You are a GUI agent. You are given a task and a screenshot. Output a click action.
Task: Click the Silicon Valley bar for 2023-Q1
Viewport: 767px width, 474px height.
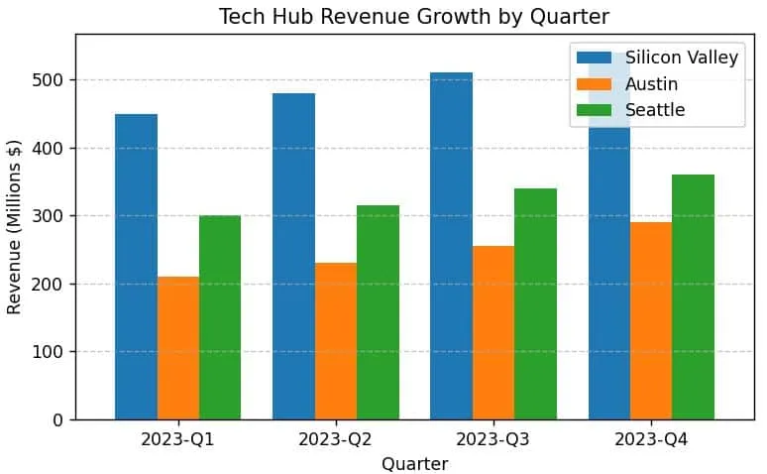pyautogui.click(x=136, y=267)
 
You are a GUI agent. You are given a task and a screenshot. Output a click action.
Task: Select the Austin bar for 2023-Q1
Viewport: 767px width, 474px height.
pyautogui.click(x=178, y=348)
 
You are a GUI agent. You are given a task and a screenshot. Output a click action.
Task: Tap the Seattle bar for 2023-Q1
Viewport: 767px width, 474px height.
pyautogui.click(x=220, y=317)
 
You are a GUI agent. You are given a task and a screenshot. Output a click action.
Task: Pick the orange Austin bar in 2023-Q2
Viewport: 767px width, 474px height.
pyautogui.click(x=336, y=341)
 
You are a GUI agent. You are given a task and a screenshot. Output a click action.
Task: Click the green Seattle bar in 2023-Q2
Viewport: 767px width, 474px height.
pyautogui.click(x=378, y=312)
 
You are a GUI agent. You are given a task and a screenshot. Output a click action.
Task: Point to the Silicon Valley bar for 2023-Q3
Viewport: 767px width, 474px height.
pyautogui.click(x=452, y=246)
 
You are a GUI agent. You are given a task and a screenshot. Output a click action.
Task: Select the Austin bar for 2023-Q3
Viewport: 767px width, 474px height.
pyautogui.click(x=493, y=333)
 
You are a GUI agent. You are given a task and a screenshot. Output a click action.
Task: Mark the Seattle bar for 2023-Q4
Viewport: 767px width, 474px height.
pyautogui.click(x=693, y=297)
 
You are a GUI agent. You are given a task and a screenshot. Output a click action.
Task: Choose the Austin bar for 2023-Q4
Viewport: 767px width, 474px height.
pyautogui.click(x=651, y=320)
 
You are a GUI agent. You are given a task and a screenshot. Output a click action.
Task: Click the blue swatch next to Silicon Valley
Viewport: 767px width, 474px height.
pyautogui.click(x=594, y=58)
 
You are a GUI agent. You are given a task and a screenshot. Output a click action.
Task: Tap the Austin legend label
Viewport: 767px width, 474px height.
pyautogui.click(x=652, y=84)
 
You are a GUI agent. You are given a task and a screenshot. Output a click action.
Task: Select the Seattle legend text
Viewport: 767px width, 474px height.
pyautogui.click(x=655, y=110)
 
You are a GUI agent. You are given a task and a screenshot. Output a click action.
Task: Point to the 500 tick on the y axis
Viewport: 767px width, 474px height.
pyautogui.click(x=48, y=79)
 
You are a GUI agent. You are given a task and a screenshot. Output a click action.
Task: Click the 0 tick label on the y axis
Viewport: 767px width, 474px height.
pyautogui.click(x=58, y=420)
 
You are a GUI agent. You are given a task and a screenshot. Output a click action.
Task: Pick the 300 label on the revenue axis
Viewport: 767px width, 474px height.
pyautogui.click(x=48, y=216)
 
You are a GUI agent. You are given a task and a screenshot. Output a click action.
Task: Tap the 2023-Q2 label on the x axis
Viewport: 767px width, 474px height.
pyautogui.click(x=336, y=439)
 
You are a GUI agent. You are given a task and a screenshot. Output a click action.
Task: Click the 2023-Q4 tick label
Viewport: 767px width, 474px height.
pyautogui.click(x=651, y=439)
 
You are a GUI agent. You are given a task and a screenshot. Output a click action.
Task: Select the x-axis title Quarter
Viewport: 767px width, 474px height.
pyautogui.click(x=415, y=464)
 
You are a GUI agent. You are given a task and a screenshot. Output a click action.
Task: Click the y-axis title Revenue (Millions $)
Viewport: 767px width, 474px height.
pyautogui.click(x=14, y=227)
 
